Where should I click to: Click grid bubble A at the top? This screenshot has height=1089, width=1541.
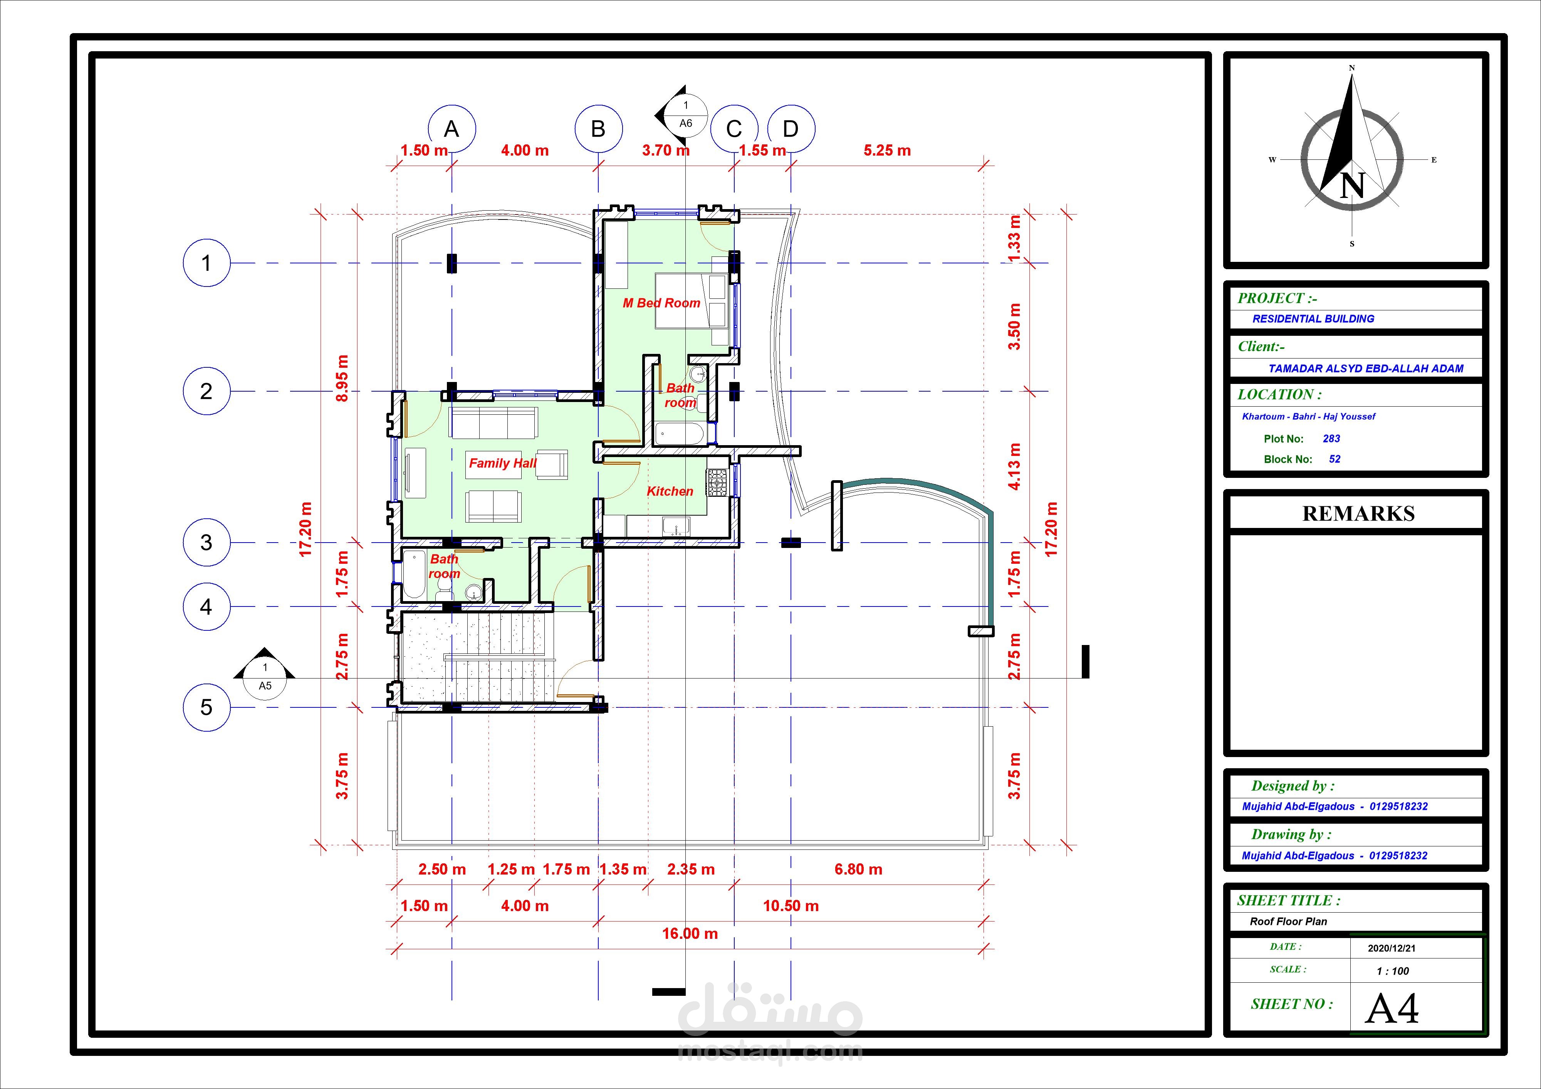[x=452, y=129]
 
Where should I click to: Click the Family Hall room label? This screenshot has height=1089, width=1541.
[x=503, y=463]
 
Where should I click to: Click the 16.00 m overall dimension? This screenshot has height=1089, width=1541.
[x=690, y=933]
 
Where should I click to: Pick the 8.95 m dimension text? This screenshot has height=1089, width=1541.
[x=342, y=378]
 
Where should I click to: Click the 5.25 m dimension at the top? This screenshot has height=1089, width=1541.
[x=887, y=150]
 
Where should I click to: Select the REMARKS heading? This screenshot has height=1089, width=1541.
[x=1358, y=513]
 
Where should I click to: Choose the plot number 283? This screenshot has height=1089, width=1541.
[x=1331, y=439]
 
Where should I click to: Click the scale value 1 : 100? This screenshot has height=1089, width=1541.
[x=1393, y=971]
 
